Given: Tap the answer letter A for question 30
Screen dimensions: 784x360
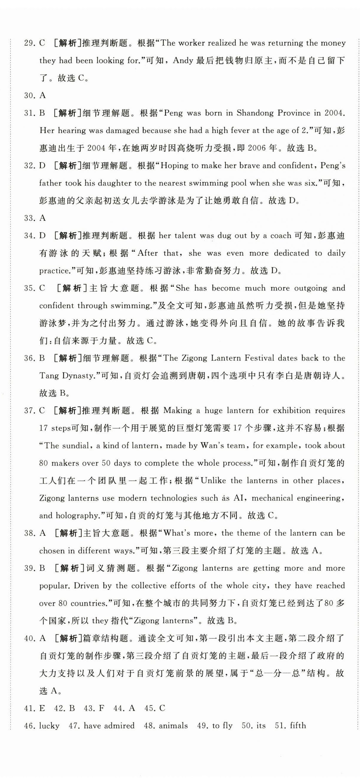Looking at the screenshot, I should pyautogui.click(x=43, y=95).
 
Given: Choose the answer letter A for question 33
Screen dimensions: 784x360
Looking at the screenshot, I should pyautogui.click(x=43, y=218).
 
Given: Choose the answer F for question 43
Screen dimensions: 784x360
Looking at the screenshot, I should pyautogui.click(x=101, y=708).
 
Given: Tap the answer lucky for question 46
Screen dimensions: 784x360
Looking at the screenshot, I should pyautogui.click(x=49, y=726).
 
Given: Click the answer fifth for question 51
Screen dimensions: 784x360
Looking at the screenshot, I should pyautogui.click(x=298, y=726).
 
